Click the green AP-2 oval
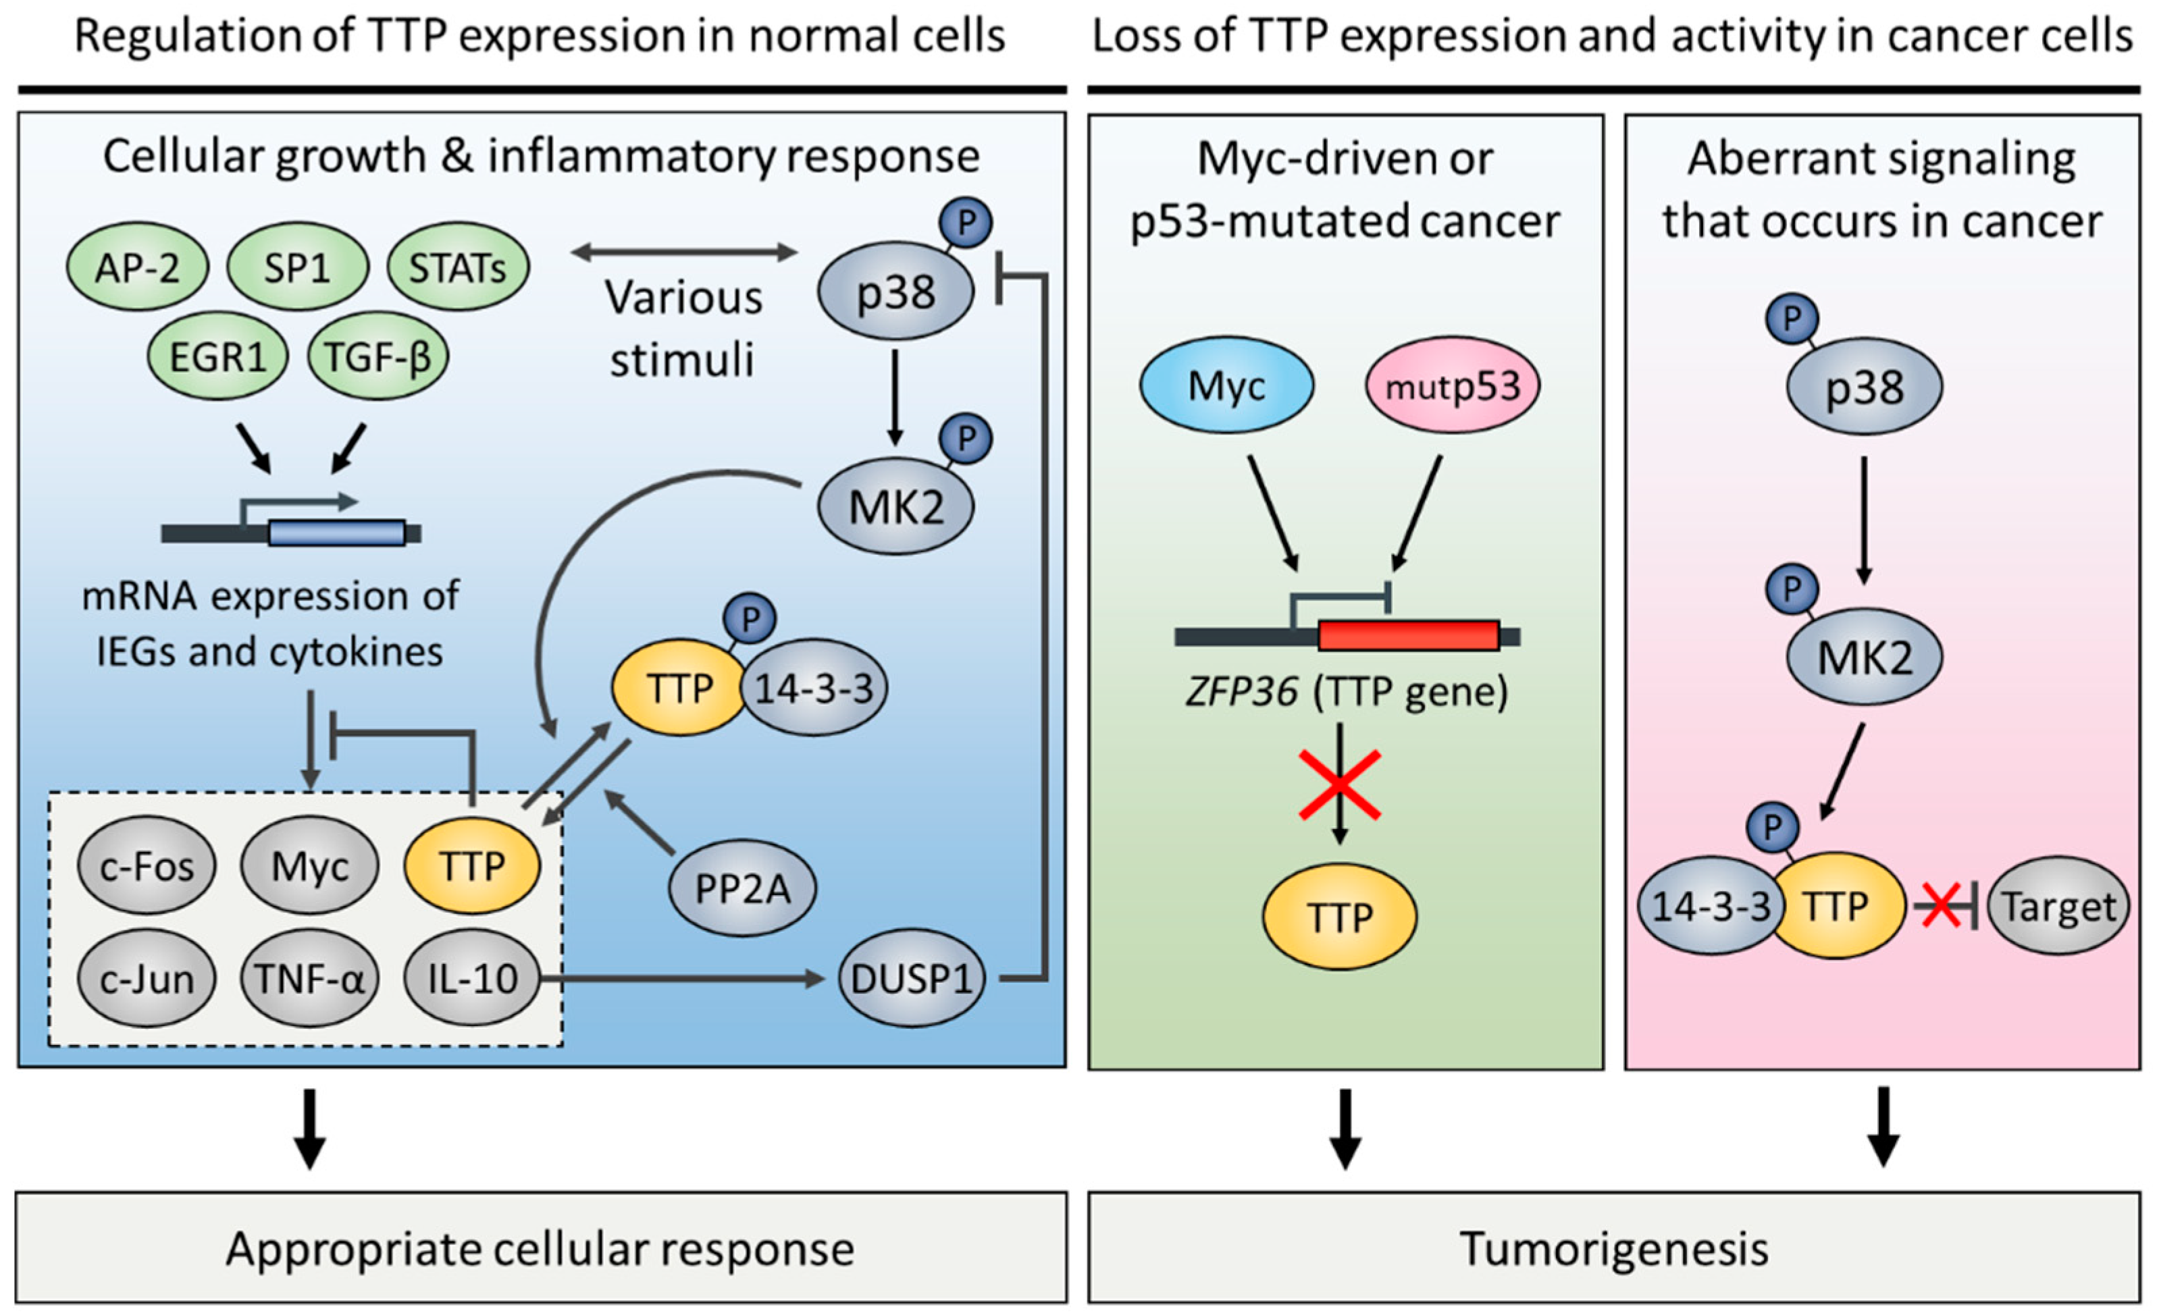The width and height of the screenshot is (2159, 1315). pos(138,267)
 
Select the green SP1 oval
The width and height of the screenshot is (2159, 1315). pos(297,267)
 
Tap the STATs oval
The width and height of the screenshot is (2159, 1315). pos(457,267)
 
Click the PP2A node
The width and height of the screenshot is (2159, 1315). pos(742,889)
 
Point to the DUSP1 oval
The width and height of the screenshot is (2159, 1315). pos(911,979)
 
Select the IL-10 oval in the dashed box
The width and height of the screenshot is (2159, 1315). pos(472,979)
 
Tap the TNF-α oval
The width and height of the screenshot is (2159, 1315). pos(309,979)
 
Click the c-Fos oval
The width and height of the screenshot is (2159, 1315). pos(147,867)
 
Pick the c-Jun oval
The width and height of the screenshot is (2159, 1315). pos(147,979)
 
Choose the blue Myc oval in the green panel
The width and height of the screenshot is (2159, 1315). pos(1226,385)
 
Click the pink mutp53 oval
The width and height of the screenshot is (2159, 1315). pos(1452,385)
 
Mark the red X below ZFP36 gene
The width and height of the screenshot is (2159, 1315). pos(1340,785)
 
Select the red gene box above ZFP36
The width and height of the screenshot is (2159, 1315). pos(1408,635)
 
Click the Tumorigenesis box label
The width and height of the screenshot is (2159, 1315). pos(1613,1248)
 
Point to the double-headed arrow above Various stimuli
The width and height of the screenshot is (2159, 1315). pos(683,253)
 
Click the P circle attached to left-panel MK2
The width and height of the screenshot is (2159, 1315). pos(966,439)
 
